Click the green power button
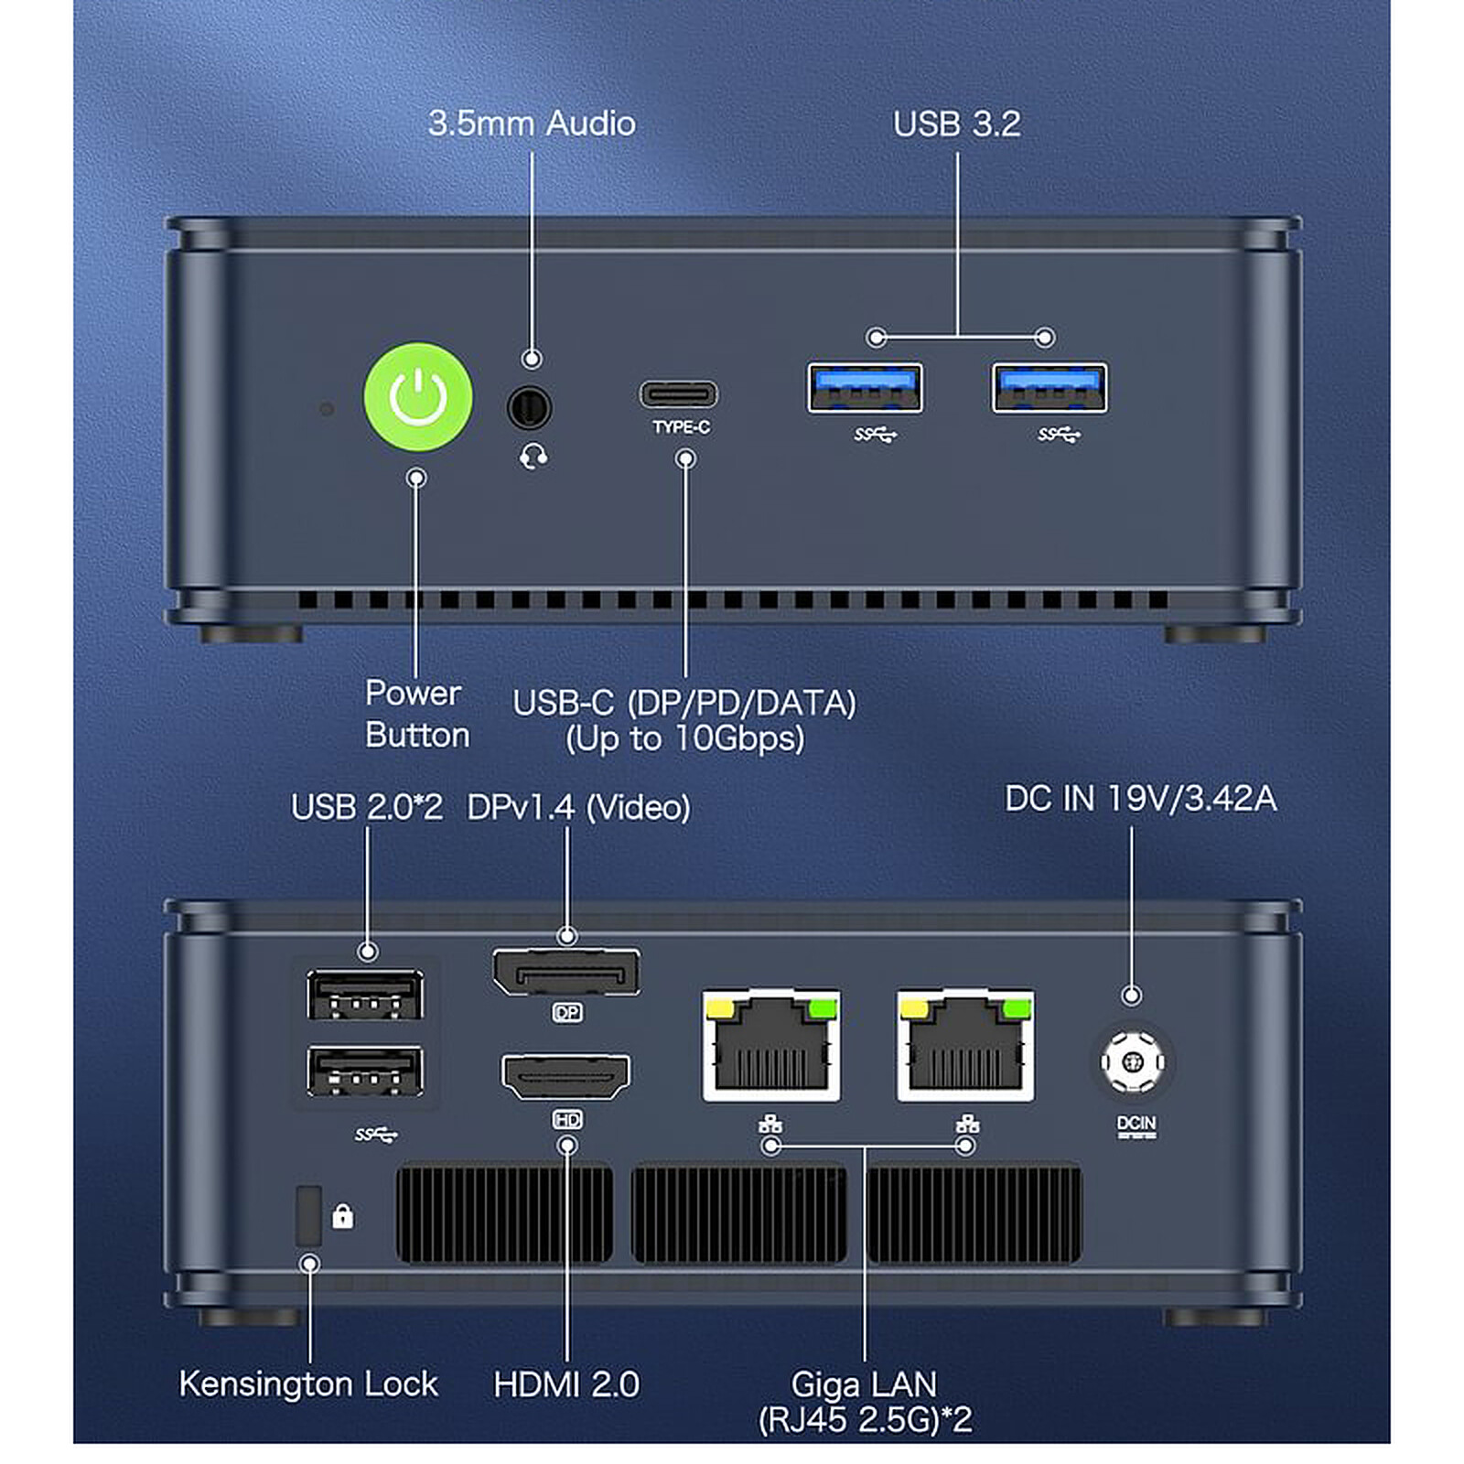point(418,397)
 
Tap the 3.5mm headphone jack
point(530,407)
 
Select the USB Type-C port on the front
point(679,394)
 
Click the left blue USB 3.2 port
point(865,388)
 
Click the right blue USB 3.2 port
point(1050,388)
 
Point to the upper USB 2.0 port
point(365,995)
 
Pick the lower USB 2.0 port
point(365,1071)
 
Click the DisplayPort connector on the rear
point(566,972)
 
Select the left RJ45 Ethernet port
point(771,1046)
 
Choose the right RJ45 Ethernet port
point(965,1046)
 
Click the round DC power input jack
point(1133,1062)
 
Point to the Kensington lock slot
point(309,1216)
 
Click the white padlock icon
point(342,1216)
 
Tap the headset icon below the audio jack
point(533,456)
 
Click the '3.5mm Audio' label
point(532,124)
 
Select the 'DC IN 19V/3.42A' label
point(1140,799)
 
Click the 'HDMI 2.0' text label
point(566,1384)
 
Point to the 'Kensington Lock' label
point(308,1383)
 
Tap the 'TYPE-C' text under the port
point(681,427)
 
